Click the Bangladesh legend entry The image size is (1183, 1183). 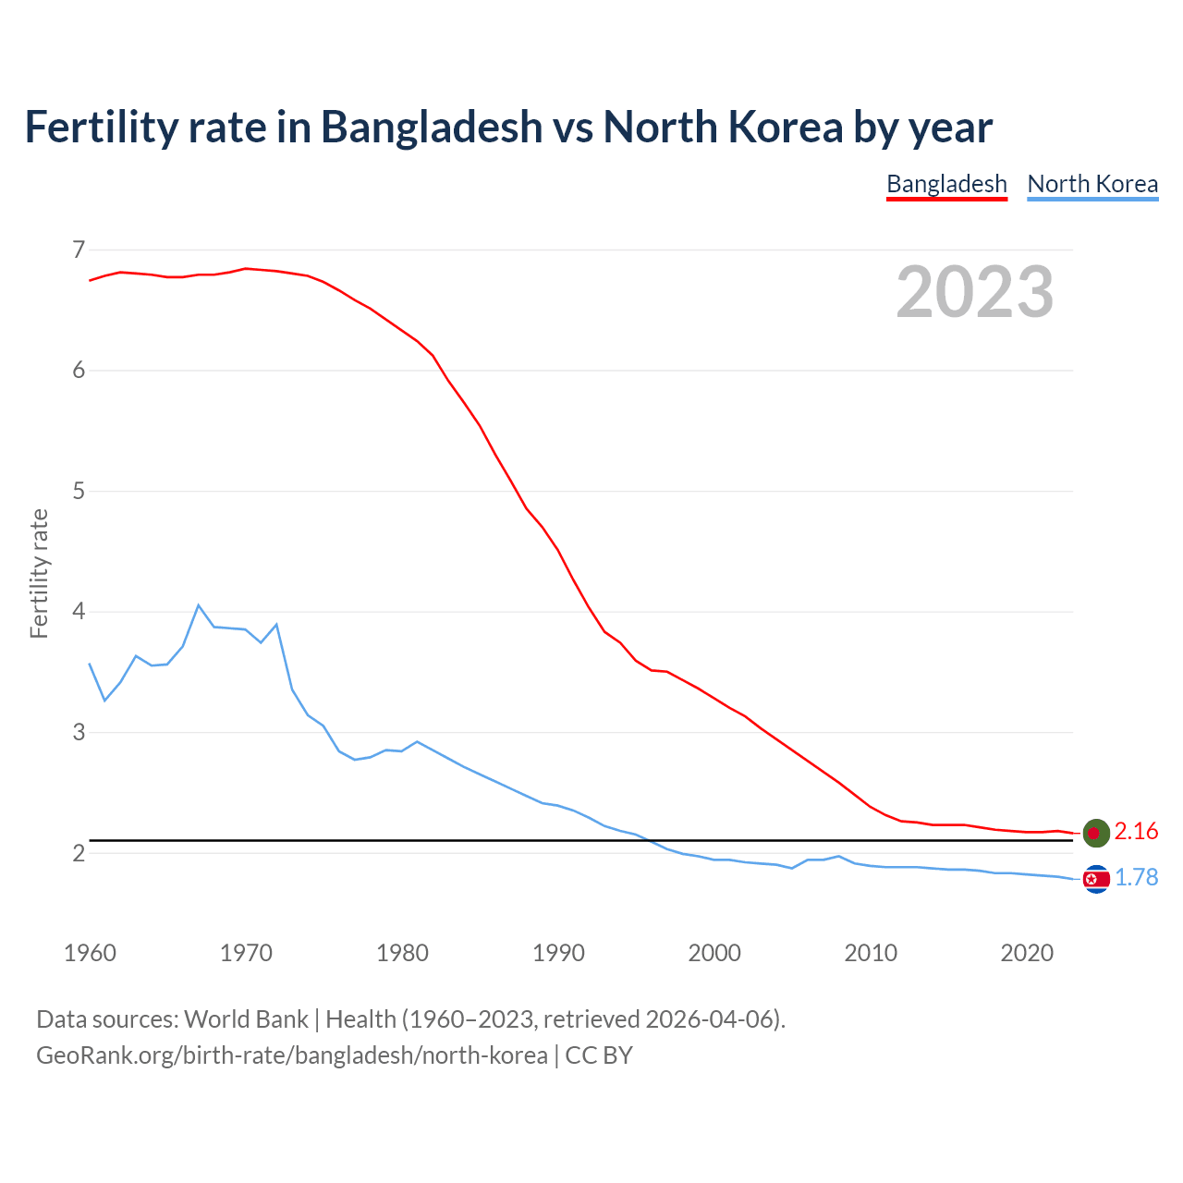coord(946,184)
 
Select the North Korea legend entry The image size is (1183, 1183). coord(1092,184)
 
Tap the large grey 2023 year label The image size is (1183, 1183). coord(974,292)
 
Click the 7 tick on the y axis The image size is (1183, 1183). coord(79,250)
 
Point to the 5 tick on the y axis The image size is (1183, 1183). coord(79,491)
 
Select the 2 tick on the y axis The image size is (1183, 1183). coord(79,853)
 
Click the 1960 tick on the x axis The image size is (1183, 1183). coord(90,953)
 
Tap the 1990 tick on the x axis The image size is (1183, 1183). coord(558,953)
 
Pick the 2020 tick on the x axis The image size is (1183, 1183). coord(1027,953)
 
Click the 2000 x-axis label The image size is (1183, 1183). coord(714,953)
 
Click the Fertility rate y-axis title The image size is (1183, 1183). coord(39,573)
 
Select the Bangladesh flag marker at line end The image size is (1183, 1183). coord(1095,833)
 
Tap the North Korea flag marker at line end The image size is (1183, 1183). coord(1095,879)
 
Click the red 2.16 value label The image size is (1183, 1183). coord(1136,832)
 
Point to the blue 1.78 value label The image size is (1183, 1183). coord(1136,878)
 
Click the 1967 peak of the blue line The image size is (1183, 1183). coord(199,605)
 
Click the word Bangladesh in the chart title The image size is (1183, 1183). coord(432,127)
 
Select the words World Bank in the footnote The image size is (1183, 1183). coord(246,1019)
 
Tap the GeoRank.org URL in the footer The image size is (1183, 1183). coord(291,1055)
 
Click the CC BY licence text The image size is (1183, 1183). coord(599,1055)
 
